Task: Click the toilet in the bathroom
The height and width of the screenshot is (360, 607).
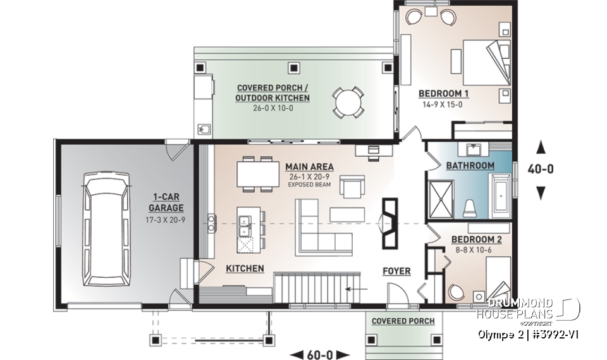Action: (x=469, y=207)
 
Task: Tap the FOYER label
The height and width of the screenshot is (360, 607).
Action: (x=396, y=271)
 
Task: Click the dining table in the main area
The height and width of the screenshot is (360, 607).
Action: (x=257, y=173)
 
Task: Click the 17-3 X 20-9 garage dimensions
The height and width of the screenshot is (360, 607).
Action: (x=167, y=219)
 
